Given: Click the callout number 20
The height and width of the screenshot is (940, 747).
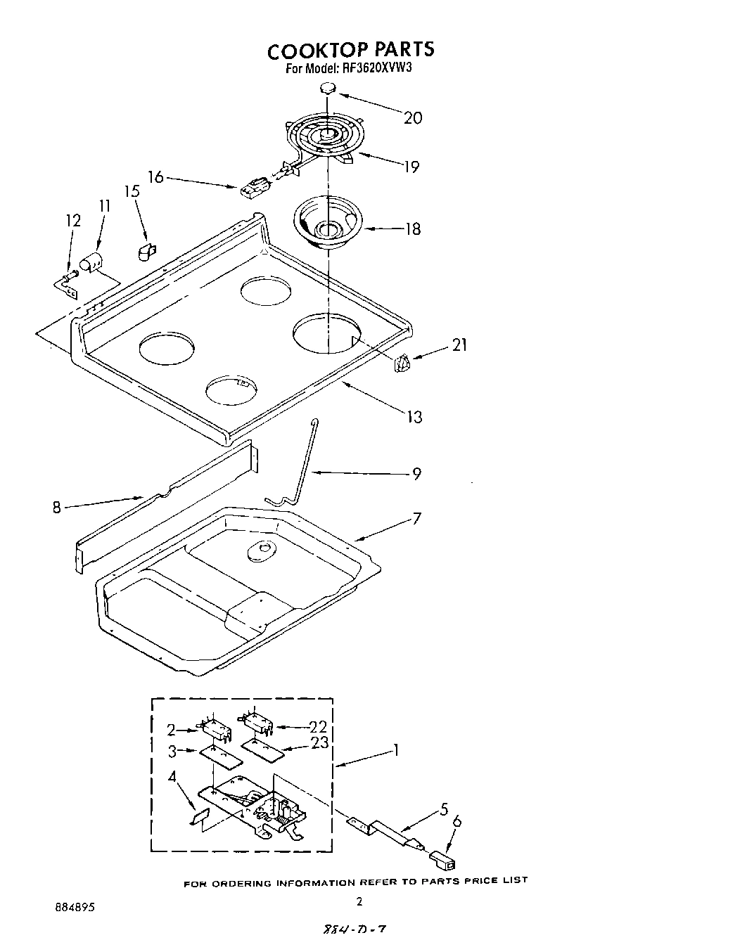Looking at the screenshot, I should click(413, 117).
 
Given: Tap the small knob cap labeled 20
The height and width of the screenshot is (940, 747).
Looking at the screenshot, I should click(327, 88).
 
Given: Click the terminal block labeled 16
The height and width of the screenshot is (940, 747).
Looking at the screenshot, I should click(252, 188).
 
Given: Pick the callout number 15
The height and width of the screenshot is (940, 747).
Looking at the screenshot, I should click(132, 191).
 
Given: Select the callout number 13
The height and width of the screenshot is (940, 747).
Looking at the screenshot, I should click(414, 417).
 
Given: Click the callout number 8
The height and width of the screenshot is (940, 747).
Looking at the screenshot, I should click(57, 506).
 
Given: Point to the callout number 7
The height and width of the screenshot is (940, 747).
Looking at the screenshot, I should click(416, 518).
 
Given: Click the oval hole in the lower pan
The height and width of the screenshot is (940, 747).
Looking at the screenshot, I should click(260, 551).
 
